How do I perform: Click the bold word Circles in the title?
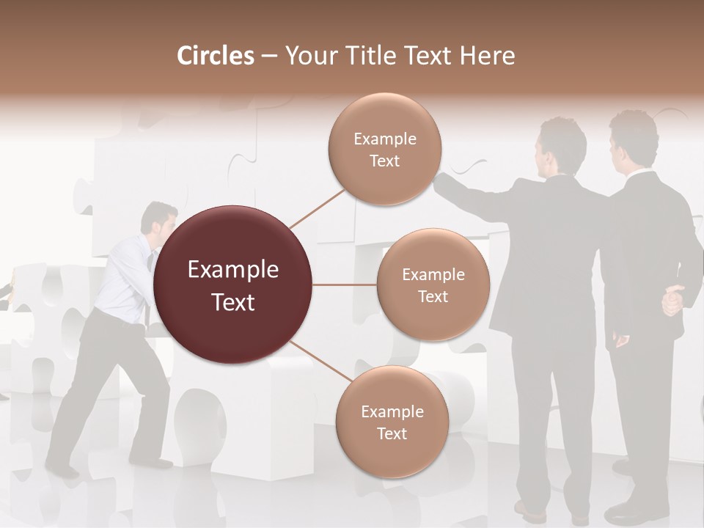coord(216,56)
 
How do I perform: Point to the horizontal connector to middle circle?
coord(344,285)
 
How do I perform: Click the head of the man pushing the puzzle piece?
coord(159,219)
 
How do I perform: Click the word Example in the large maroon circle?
coord(233,270)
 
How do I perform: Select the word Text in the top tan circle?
coord(384,161)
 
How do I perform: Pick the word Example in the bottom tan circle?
coord(392,412)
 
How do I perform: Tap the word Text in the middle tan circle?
coord(433,296)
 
